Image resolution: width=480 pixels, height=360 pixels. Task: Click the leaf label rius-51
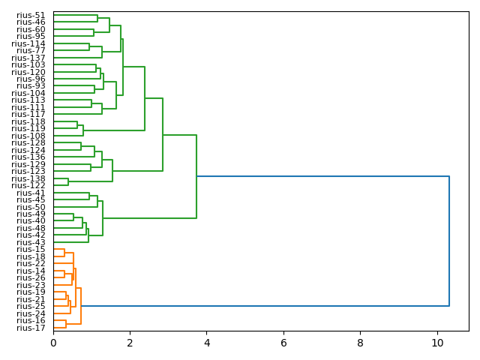pos(31,15)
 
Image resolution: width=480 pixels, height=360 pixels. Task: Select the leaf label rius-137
pos(28,58)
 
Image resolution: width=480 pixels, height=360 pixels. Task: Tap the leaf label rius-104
pos(28,93)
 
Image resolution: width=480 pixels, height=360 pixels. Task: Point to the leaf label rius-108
pos(28,136)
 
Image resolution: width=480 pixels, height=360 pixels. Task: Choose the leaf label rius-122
pos(28,185)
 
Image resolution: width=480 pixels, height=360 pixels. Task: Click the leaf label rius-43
pos(31,242)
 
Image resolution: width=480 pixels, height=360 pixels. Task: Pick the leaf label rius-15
pos(31,249)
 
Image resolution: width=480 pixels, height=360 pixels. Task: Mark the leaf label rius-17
pos(31,328)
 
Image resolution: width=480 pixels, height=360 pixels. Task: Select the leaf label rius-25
pos(31,306)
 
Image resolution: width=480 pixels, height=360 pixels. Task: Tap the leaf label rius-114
pos(28,43)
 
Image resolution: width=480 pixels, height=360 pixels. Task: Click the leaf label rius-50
pos(31,207)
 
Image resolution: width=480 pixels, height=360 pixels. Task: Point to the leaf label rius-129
pos(28,164)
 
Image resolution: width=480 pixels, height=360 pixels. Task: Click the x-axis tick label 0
pos(53,343)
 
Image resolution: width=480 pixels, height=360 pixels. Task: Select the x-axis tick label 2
pos(130,343)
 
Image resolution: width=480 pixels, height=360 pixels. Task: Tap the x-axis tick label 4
pos(207,343)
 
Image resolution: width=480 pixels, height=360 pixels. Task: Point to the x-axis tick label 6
pos(283,343)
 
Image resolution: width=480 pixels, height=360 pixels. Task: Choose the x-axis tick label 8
pos(360,343)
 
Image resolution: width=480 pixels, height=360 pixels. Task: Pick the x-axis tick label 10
pos(437,343)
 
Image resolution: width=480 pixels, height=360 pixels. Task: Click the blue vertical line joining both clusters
pos(449,241)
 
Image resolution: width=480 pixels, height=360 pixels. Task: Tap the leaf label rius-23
pos(31,285)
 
